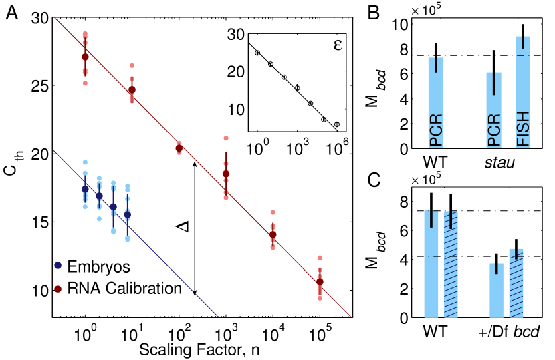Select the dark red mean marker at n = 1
(x=85, y=57)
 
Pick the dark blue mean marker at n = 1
(x=85, y=189)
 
